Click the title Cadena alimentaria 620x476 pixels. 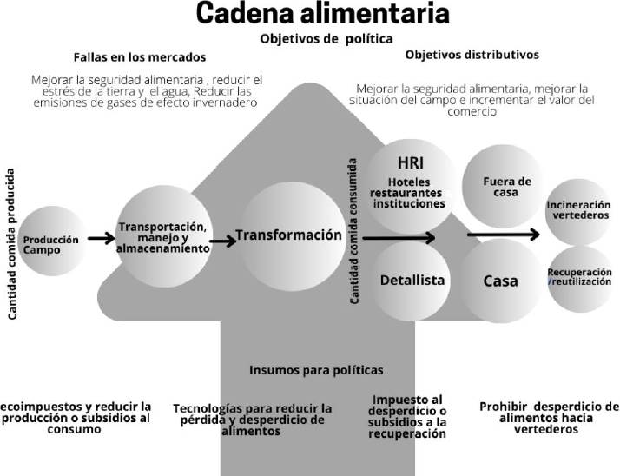click(x=310, y=15)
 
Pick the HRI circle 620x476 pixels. click(x=409, y=182)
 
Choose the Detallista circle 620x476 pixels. click(x=412, y=280)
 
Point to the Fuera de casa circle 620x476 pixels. click(x=500, y=186)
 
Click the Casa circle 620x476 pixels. click(x=500, y=281)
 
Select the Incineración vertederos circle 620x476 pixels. click(x=577, y=209)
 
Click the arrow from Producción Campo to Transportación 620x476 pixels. click(x=101, y=237)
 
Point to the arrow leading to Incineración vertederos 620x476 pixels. click(x=504, y=234)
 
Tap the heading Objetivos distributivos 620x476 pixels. click(x=472, y=54)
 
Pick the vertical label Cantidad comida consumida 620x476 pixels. click(x=354, y=230)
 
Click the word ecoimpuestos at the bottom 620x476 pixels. click(x=39, y=406)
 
